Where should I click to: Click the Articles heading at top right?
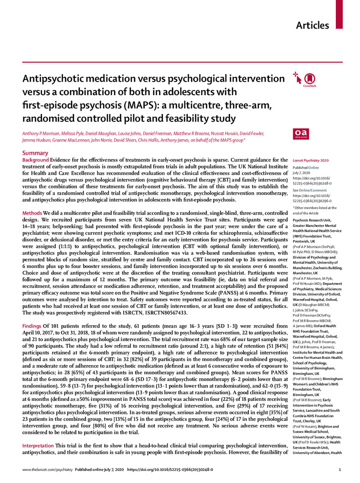tap(312, 25)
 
